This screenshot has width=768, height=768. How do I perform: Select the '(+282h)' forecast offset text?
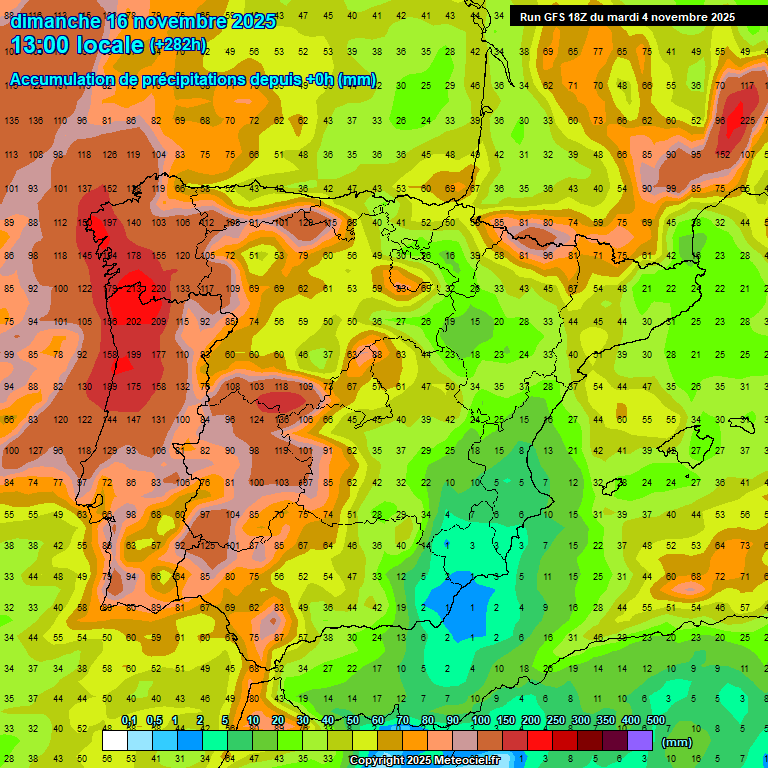coord(179,44)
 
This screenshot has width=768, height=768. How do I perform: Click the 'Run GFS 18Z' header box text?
coord(564,17)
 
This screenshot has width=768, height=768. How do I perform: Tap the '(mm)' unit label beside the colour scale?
coord(677,742)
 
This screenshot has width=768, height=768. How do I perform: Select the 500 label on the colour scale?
coord(656,720)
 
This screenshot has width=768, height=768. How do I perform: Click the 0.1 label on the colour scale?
coord(129,720)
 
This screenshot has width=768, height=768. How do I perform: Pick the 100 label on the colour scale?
coord(481,720)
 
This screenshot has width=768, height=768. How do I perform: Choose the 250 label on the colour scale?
coord(556,720)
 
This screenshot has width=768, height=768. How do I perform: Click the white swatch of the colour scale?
coord(115,741)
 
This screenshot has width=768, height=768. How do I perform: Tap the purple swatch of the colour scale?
coord(640,741)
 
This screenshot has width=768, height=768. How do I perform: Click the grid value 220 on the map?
coord(159,289)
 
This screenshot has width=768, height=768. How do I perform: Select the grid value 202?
coord(134,321)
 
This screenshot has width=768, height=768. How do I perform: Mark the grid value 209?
coord(159,321)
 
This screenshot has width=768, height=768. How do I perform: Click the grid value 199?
coord(134,354)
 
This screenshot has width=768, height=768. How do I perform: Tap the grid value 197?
coord(110,223)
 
